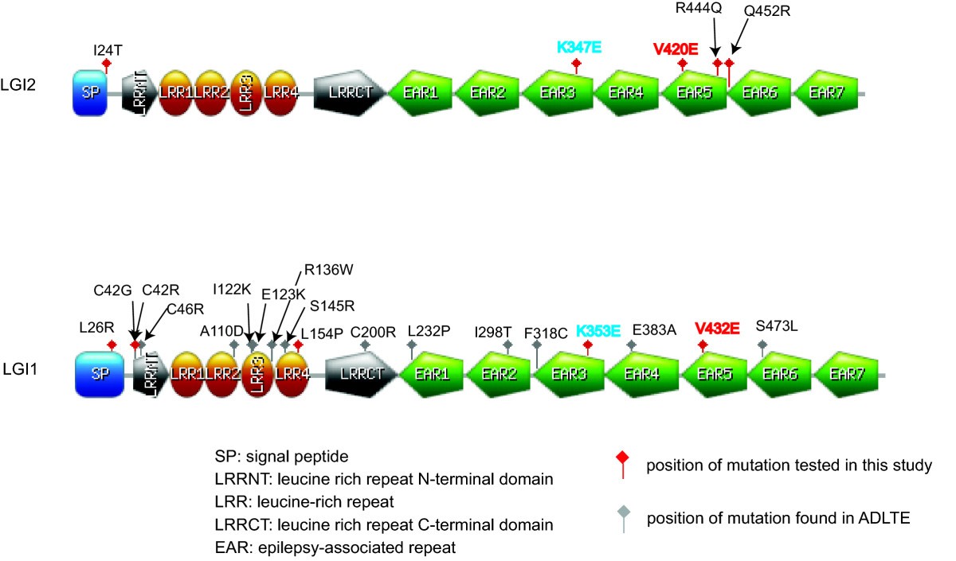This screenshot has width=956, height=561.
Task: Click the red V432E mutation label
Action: point(717,328)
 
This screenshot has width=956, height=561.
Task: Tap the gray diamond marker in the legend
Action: point(622,512)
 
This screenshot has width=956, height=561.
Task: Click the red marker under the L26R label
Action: point(112,345)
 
